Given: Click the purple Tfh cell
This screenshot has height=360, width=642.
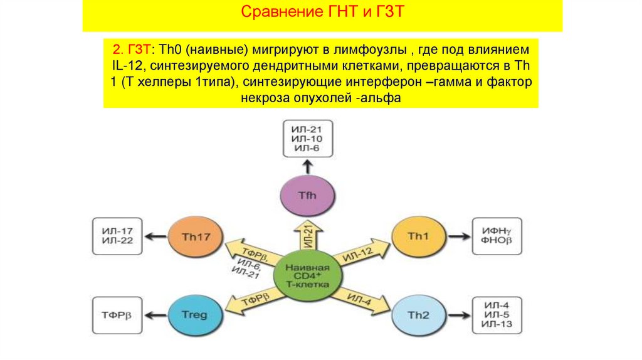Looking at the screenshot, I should (x=307, y=196).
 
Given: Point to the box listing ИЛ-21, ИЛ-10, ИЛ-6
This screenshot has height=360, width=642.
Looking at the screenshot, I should (x=307, y=139).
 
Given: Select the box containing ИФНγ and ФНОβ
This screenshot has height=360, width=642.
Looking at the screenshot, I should (x=497, y=236).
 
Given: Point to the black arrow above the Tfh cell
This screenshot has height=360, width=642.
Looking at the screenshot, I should (x=307, y=166).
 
